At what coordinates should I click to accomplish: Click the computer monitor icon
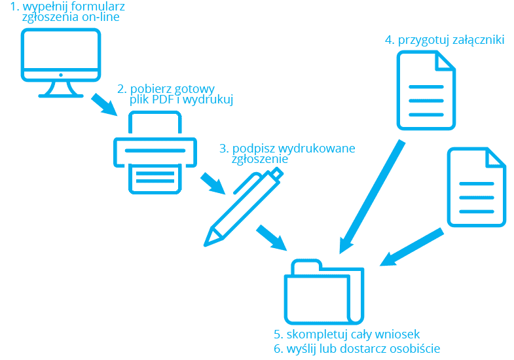coord(62,59)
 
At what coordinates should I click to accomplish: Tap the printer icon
coord(155,152)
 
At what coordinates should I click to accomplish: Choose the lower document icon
coord(476,188)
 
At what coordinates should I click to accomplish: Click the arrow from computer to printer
coord(105,104)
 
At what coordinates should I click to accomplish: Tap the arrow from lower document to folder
coord(412,247)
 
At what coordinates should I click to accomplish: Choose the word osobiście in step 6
coord(416,348)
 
